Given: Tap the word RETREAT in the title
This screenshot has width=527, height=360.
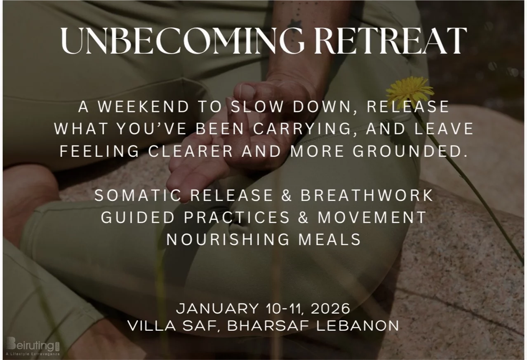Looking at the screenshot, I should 390,41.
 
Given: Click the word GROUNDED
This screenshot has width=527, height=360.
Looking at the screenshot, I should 410,151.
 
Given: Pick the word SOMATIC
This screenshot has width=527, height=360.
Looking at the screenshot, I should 138,195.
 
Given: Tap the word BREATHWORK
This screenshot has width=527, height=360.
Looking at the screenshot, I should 367,195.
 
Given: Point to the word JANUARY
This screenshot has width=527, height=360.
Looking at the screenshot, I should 217,308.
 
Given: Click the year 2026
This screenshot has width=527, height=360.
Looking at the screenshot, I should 330,308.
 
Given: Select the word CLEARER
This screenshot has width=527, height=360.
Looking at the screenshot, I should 191,151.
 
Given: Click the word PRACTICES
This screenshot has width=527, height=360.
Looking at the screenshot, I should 237,217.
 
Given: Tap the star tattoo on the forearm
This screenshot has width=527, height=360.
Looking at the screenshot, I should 294,24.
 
